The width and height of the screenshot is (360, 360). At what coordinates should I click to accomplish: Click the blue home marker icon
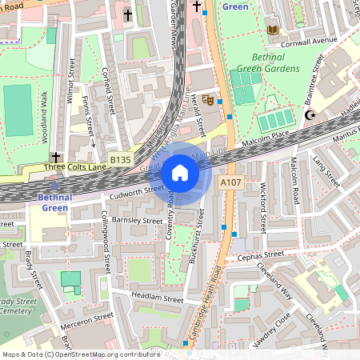click(180, 173)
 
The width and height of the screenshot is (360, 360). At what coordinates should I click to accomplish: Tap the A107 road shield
click(230, 184)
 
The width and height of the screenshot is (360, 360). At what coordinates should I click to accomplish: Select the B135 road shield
click(120, 161)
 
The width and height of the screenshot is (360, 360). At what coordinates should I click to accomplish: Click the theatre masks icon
click(207, 100)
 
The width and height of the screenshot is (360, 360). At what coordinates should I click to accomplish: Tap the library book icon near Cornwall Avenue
click(273, 30)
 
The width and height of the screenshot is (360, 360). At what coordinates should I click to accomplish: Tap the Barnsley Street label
click(116, 220)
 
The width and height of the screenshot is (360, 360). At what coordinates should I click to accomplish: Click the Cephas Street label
click(261, 256)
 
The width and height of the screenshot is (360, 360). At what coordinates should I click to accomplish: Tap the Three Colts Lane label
click(76, 167)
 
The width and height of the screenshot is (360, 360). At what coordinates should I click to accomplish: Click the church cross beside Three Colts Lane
click(54, 156)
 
